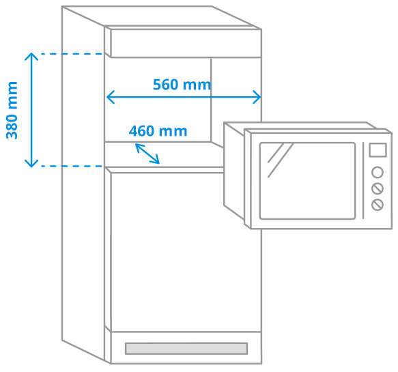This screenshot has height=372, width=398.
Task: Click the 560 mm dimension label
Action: click(182, 85)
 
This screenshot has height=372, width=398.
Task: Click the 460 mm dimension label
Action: click(158, 131)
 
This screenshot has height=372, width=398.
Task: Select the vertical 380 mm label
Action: click(12, 110)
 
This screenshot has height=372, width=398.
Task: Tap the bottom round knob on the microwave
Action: click(377, 205)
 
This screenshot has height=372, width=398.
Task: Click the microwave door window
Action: click(307, 180)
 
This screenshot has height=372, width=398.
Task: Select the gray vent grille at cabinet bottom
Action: click(186, 348)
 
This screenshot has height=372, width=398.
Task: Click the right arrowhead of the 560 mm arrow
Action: click(257, 97)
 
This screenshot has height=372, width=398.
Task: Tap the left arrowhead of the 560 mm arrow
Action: click(110, 97)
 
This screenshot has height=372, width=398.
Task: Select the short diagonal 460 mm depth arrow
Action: click(147, 154)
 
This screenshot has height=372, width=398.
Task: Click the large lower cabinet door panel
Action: click(184, 249)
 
